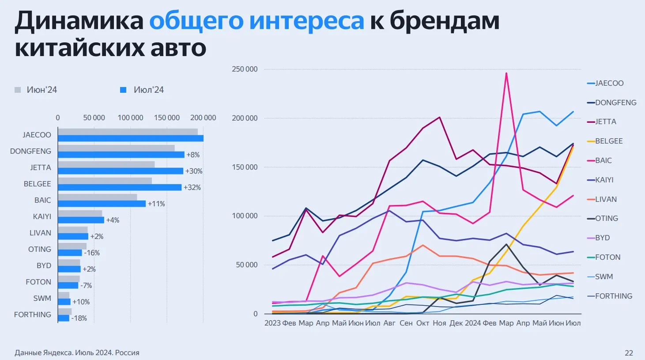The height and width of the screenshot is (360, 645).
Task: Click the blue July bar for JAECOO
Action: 130,138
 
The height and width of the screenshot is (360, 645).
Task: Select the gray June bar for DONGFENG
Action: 116,148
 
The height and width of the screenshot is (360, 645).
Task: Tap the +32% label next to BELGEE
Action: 192,187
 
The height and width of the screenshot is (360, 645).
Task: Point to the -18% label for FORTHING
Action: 79,318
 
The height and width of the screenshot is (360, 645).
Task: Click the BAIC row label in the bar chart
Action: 43,200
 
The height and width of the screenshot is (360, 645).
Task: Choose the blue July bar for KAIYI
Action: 81,220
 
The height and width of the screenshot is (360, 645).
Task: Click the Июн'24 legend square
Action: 18,90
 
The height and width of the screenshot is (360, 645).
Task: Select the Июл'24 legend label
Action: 149,90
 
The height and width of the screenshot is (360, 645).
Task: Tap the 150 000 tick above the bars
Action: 167,117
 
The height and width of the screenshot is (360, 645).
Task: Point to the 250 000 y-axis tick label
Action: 245,69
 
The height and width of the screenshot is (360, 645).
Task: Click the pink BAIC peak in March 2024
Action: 506,73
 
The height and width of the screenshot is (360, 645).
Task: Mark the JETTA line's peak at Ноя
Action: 439,117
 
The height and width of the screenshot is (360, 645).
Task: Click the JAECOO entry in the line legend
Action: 609,83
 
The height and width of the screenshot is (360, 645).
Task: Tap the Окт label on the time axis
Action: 422,323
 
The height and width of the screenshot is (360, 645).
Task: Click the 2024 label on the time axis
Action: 472,323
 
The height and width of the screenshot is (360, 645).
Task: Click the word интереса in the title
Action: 306,21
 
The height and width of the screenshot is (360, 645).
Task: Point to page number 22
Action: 629,353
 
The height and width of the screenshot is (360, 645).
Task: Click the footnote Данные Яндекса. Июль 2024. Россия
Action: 77,353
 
